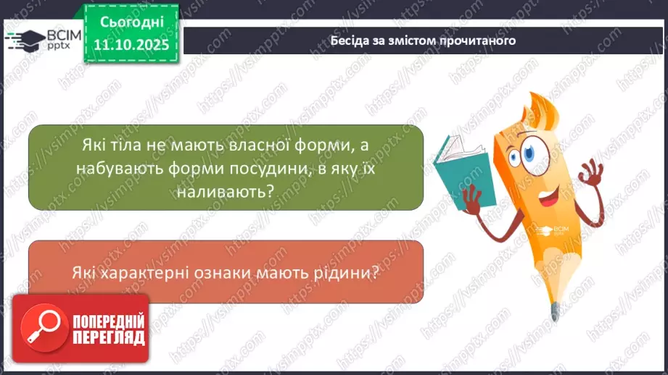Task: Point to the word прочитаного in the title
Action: (x=482, y=41)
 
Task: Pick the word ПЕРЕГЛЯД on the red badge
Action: (x=108, y=337)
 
